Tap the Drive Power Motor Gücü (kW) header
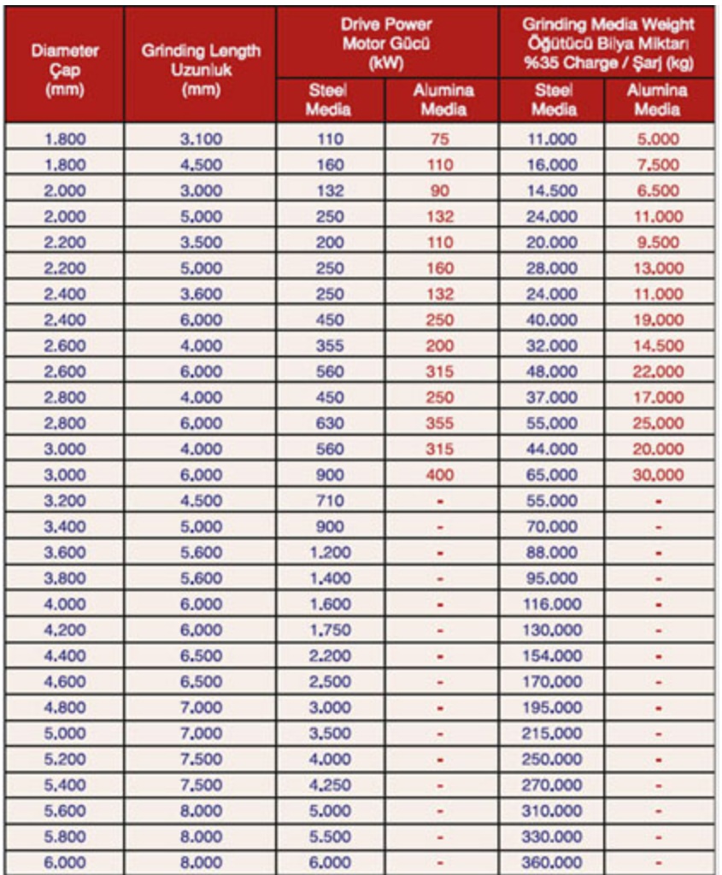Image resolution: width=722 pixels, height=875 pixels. coord(386,43)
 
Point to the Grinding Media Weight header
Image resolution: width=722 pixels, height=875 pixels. coord(608,43)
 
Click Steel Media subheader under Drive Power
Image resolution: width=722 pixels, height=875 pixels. coord(330,100)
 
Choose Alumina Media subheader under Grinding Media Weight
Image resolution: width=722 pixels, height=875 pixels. coord(658,100)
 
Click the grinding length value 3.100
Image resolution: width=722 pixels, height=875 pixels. coord(202,139)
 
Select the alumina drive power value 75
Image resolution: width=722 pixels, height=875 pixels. coord(440,139)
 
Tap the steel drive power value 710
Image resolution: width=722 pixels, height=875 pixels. coord(330,501)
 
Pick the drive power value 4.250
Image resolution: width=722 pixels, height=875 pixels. coord(330,785)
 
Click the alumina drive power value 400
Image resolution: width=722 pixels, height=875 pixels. coord(440,474)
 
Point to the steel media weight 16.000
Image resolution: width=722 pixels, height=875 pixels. coord(552,165)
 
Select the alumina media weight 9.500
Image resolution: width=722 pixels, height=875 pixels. coord(658,243)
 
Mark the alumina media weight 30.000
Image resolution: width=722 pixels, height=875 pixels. coord(658,474)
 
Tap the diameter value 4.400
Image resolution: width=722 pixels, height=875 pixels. coord(65,655)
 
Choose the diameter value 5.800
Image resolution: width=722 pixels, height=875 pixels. coord(65,837)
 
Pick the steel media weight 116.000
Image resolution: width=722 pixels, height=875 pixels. coord(552,604)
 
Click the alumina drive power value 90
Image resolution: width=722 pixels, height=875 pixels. coord(440,191)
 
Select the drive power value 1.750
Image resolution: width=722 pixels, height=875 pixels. coord(330,630)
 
